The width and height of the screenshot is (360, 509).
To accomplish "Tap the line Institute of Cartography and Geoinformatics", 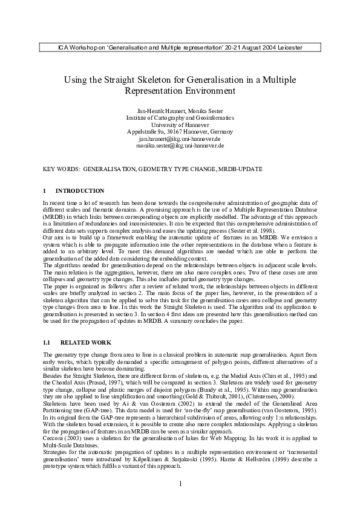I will pos(180,119).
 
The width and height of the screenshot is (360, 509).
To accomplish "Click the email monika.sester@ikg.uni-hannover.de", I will pos(180,146).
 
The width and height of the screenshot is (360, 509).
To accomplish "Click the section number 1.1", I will pos(47,343).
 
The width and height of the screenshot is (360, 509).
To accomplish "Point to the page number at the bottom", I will pos(180,484).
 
